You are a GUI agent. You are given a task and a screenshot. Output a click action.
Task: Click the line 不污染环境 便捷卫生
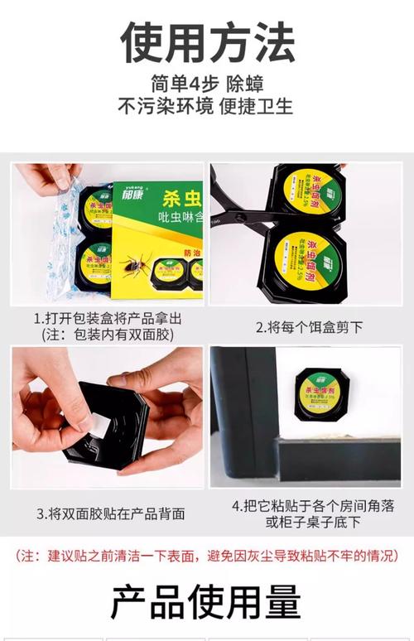pyautogui.click(x=207, y=107)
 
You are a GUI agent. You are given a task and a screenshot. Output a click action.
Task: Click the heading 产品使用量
pyautogui.click(x=207, y=603)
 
